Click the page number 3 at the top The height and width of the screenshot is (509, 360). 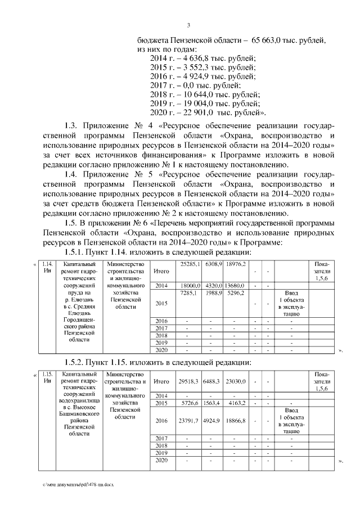[x=188, y=24]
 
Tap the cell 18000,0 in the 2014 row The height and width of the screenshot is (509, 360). [x=187, y=286]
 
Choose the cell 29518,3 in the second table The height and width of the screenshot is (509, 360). [x=187, y=381]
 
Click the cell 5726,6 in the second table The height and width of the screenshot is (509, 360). [x=187, y=403]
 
